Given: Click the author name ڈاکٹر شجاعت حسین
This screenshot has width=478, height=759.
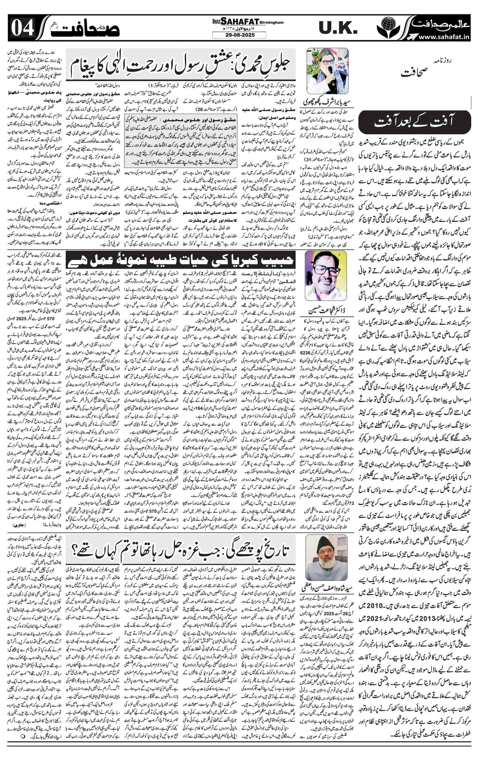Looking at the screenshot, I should (325, 311).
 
